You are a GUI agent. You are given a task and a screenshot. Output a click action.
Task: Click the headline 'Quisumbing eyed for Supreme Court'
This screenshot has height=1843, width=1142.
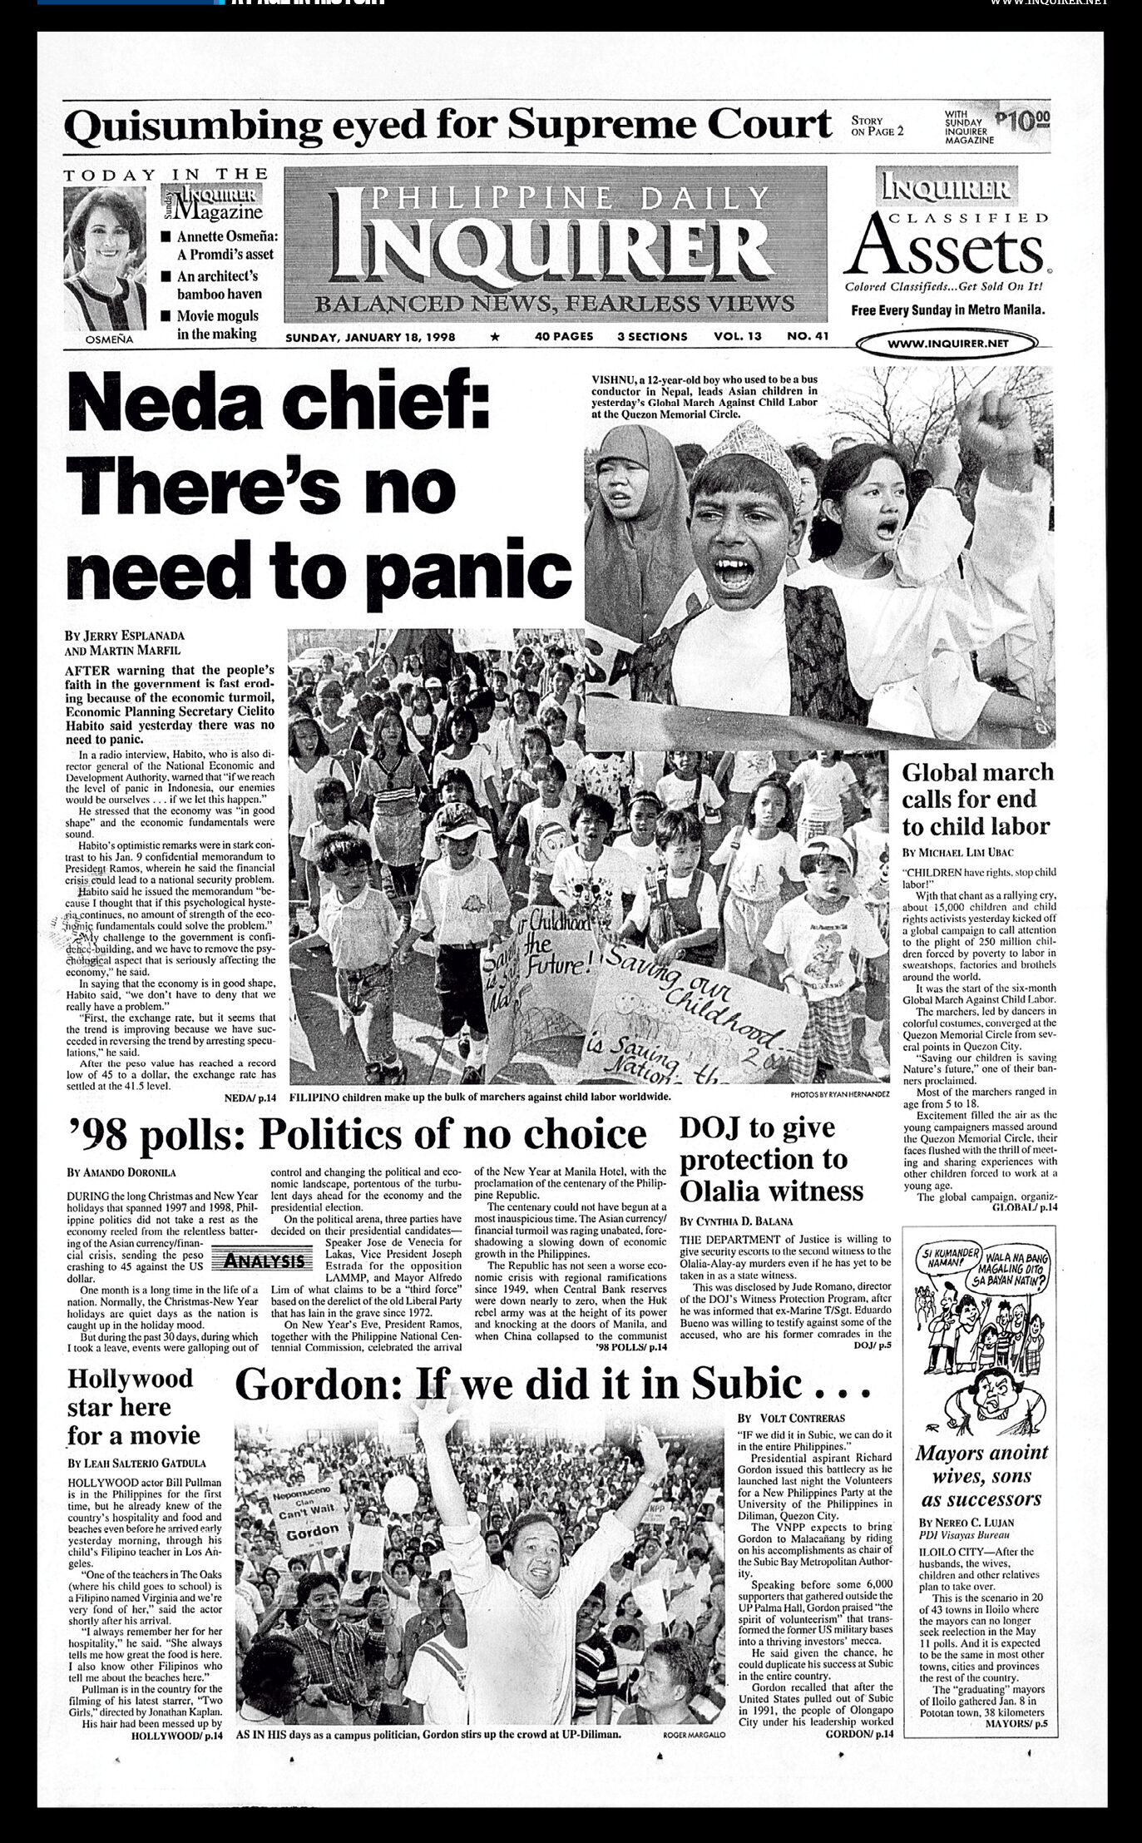(447, 126)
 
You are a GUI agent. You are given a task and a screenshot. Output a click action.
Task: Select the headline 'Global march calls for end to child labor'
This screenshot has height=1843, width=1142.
(977, 799)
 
